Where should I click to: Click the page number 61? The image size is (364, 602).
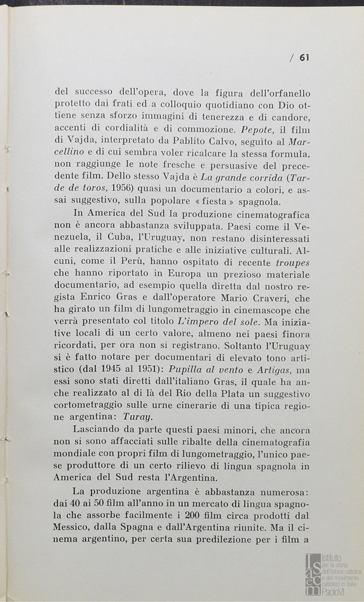(304, 57)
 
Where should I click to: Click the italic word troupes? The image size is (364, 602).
(293, 262)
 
